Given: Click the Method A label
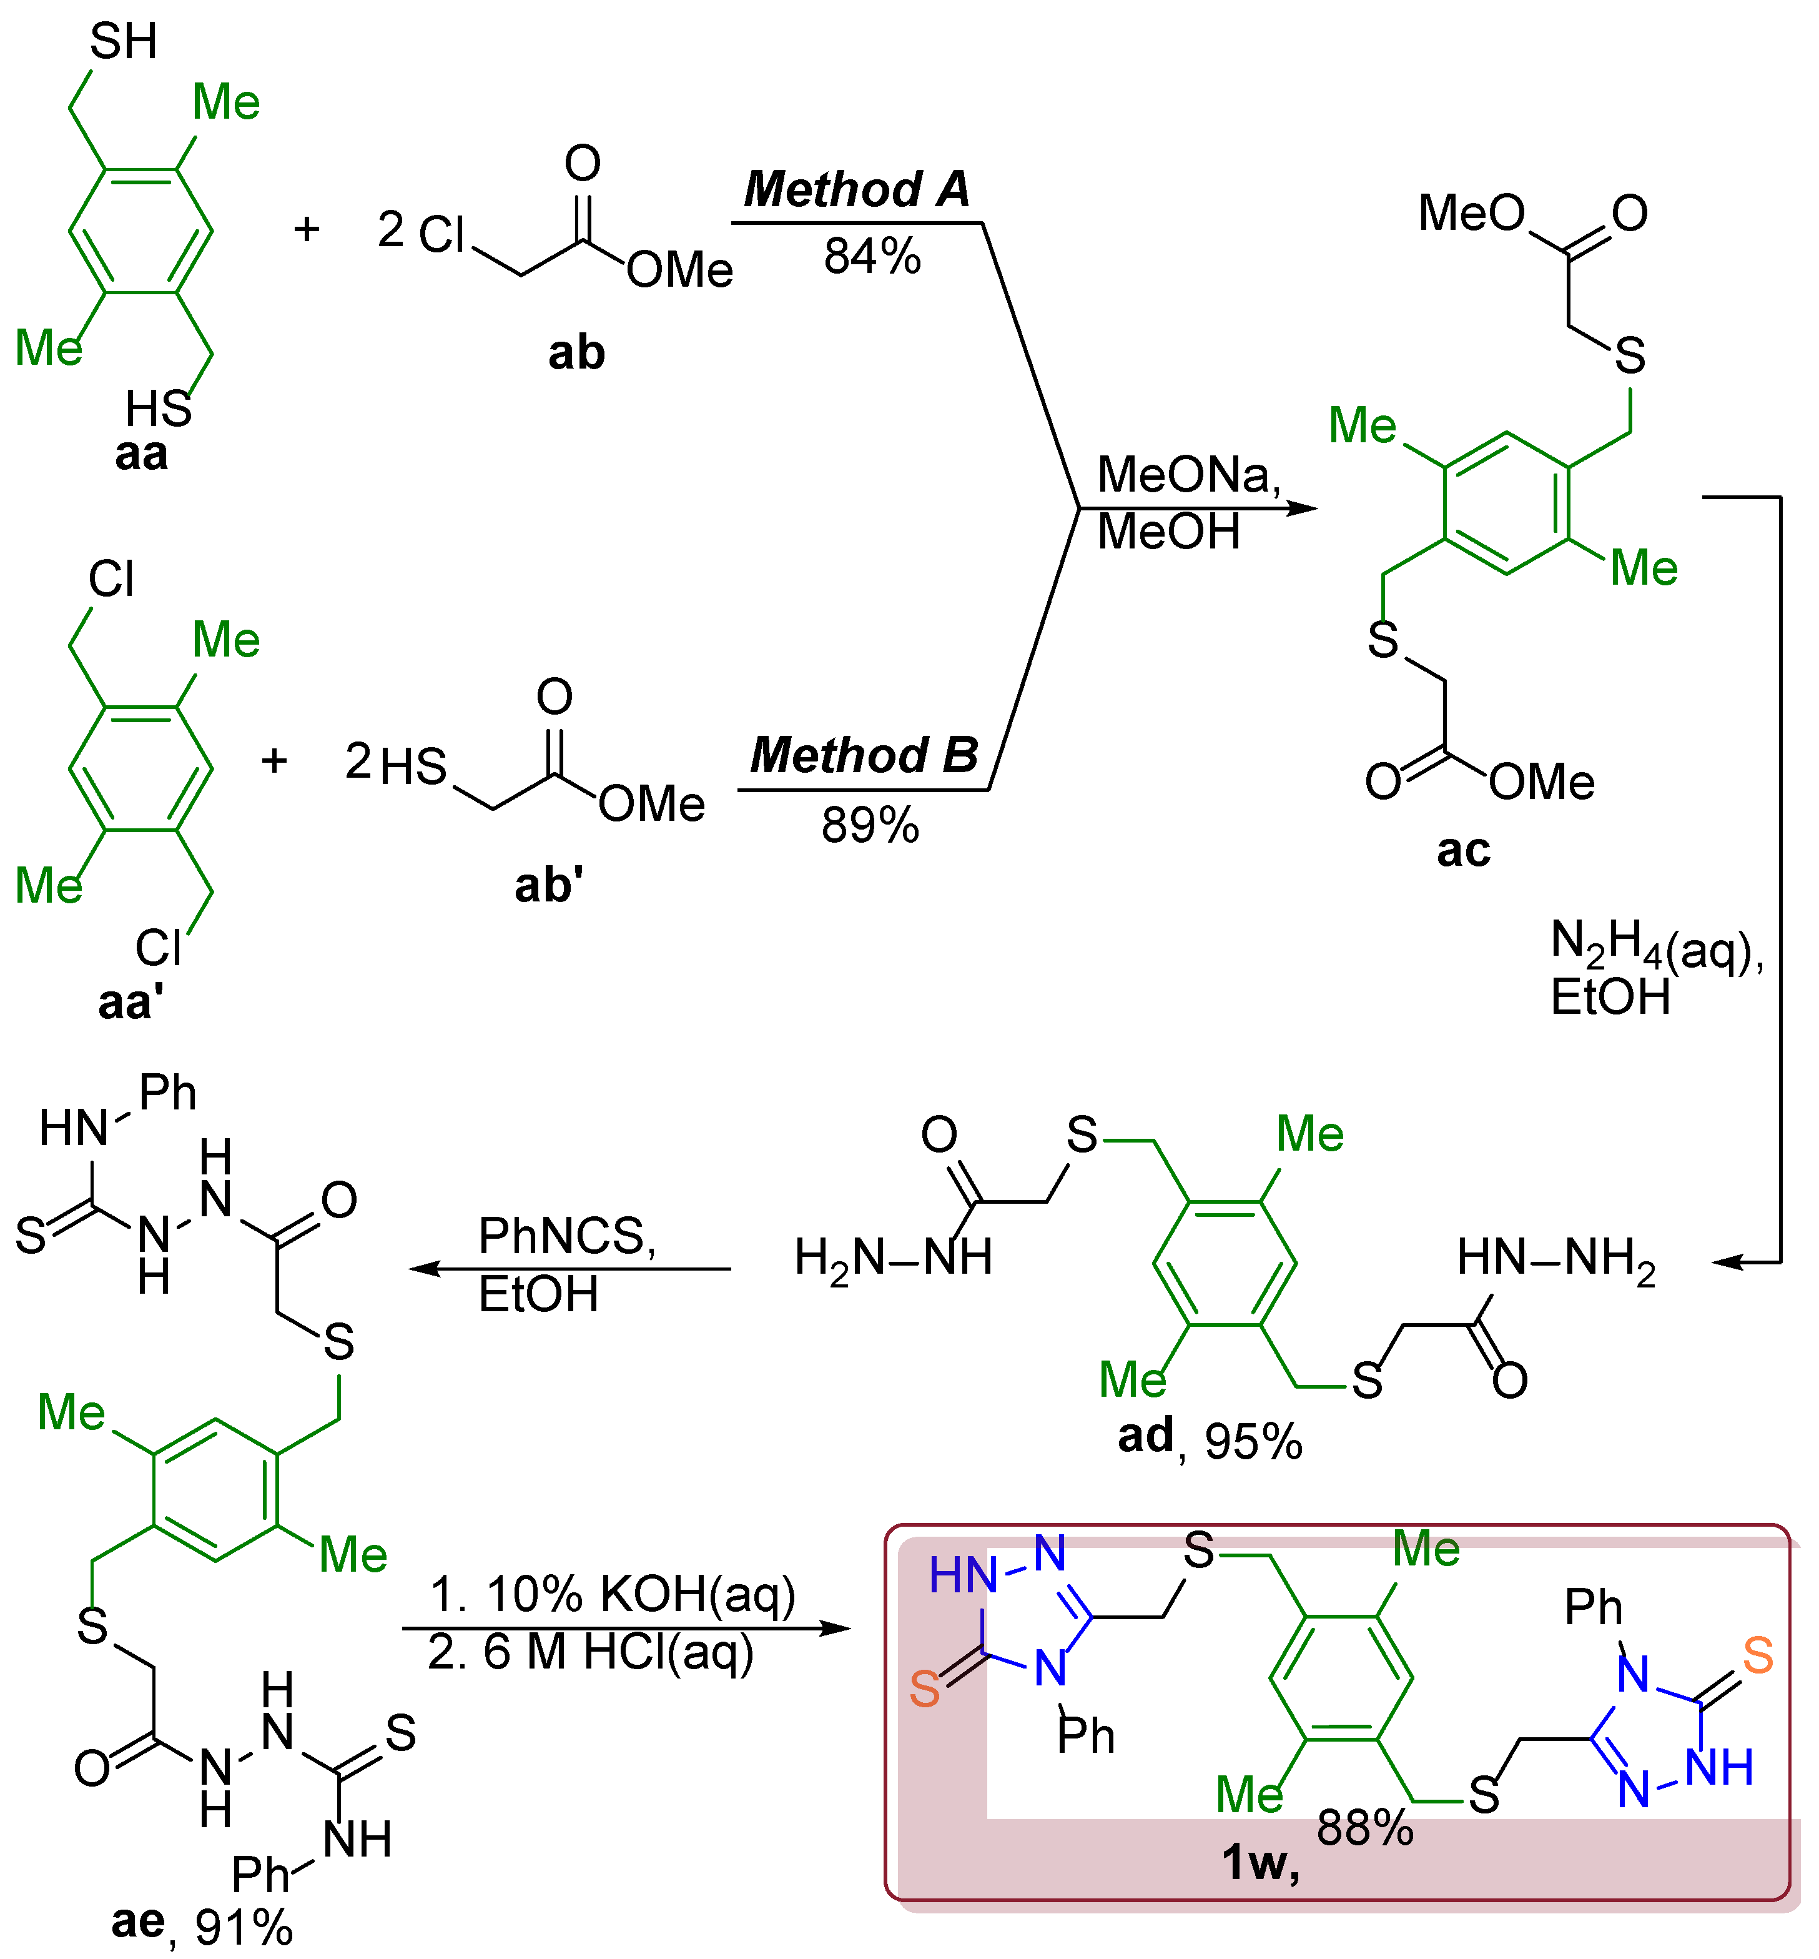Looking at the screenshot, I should pos(856,189).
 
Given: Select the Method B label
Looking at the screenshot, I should pos(863,755).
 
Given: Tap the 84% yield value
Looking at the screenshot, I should pos(872,256).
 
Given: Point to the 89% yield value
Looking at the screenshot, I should pos(870,825).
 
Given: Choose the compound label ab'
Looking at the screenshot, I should pos(548,885).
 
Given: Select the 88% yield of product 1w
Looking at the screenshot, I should pos(1364,1828).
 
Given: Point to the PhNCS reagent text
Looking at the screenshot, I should pos(566,1236).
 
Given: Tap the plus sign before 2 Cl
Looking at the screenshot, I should pos(307,229).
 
